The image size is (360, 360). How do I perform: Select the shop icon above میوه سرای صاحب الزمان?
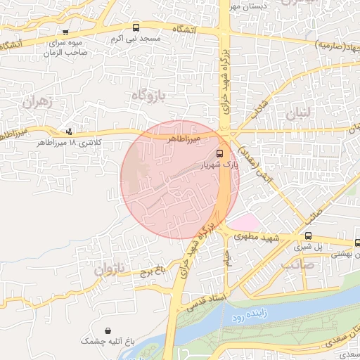point(65,32)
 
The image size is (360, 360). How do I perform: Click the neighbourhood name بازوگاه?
point(149,95)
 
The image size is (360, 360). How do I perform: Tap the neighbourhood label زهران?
point(38,101)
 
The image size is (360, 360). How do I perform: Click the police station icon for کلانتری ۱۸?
point(69,131)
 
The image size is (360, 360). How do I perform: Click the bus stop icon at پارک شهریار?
point(219,153)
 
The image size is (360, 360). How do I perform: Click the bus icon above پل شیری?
point(309,236)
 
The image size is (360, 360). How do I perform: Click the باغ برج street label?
point(149,270)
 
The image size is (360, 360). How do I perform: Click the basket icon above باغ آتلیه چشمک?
point(107,330)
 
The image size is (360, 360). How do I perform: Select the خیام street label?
point(228,258)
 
